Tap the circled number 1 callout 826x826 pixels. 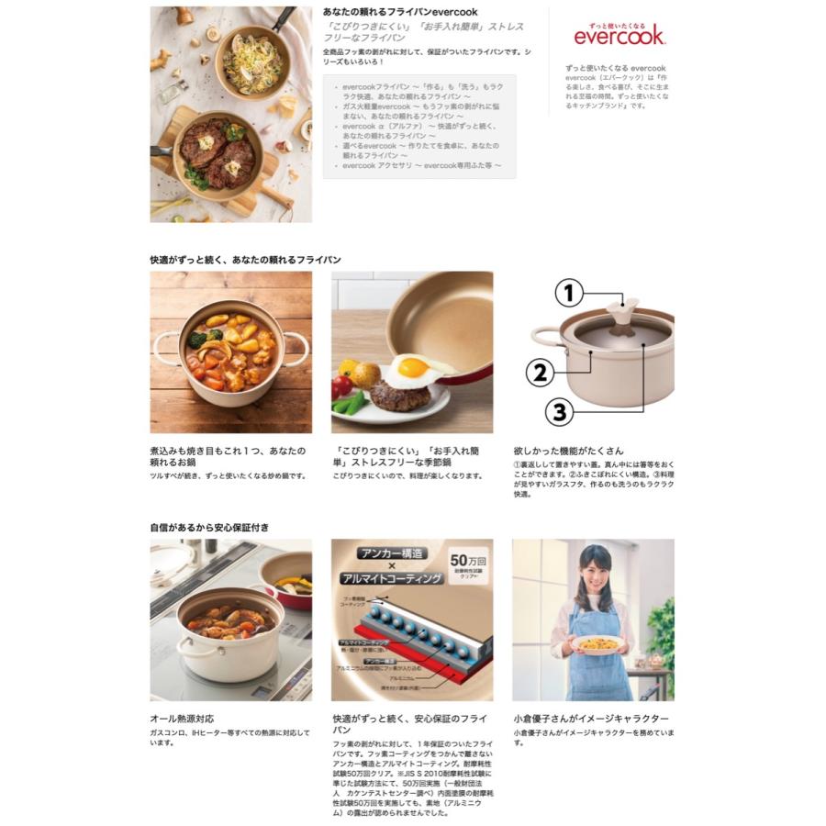(x=568, y=294)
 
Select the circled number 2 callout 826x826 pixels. (x=541, y=372)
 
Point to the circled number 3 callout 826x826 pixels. (x=559, y=411)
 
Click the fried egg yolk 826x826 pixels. (x=413, y=367)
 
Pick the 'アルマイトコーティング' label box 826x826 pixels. (x=391, y=579)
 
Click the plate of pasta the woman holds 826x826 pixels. (x=597, y=644)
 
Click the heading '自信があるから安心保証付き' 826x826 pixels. (x=210, y=528)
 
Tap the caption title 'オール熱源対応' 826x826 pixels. (x=182, y=719)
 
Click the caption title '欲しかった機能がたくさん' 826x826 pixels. (x=568, y=451)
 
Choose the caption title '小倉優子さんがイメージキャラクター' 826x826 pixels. (x=590, y=719)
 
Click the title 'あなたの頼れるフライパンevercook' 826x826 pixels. (x=400, y=12)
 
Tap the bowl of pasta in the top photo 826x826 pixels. (x=253, y=62)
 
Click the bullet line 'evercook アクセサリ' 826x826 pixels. (x=421, y=165)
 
